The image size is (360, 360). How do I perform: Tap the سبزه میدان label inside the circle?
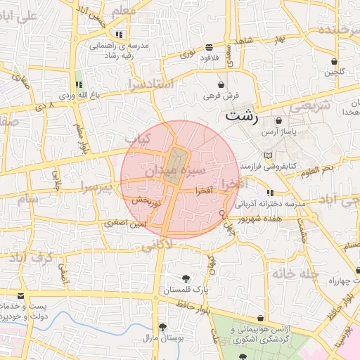pos(175,171)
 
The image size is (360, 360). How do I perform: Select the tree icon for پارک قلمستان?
pos(186,278)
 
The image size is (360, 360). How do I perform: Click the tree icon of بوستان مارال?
pos(162,327)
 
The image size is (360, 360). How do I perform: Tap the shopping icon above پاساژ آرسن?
pos(279,121)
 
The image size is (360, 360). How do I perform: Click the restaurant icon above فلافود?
pos(210,47)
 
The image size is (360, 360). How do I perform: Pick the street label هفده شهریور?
pos(259,219)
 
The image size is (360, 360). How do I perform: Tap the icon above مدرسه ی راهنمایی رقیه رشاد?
pos(119,34)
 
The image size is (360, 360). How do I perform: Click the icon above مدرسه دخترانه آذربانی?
pos(270,193)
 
